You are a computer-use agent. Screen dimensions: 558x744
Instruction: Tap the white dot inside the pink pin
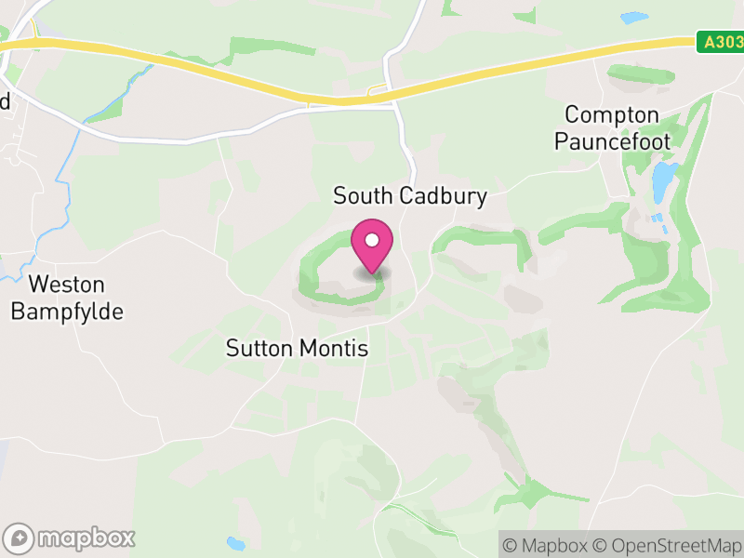pyautogui.click(x=372, y=240)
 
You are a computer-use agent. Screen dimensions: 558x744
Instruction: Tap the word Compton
pyautogui.click(x=612, y=116)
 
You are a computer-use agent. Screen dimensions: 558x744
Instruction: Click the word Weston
pyautogui.click(x=67, y=286)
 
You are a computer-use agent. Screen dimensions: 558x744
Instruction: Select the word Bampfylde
pyautogui.click(x=67, y=312)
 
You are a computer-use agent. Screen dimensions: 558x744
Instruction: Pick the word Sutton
pyautogui.click(x=261, y=350)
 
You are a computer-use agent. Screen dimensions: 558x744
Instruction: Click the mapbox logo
pyautogui.click(x=71, y=538)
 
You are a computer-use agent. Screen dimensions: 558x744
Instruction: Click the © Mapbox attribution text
pyautogui.click(x=544, y=545)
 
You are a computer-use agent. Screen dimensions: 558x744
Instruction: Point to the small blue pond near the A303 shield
pyautogui.click(x=633, y=17)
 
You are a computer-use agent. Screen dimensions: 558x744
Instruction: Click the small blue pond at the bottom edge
pyautogui.click(x=235, y=543)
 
